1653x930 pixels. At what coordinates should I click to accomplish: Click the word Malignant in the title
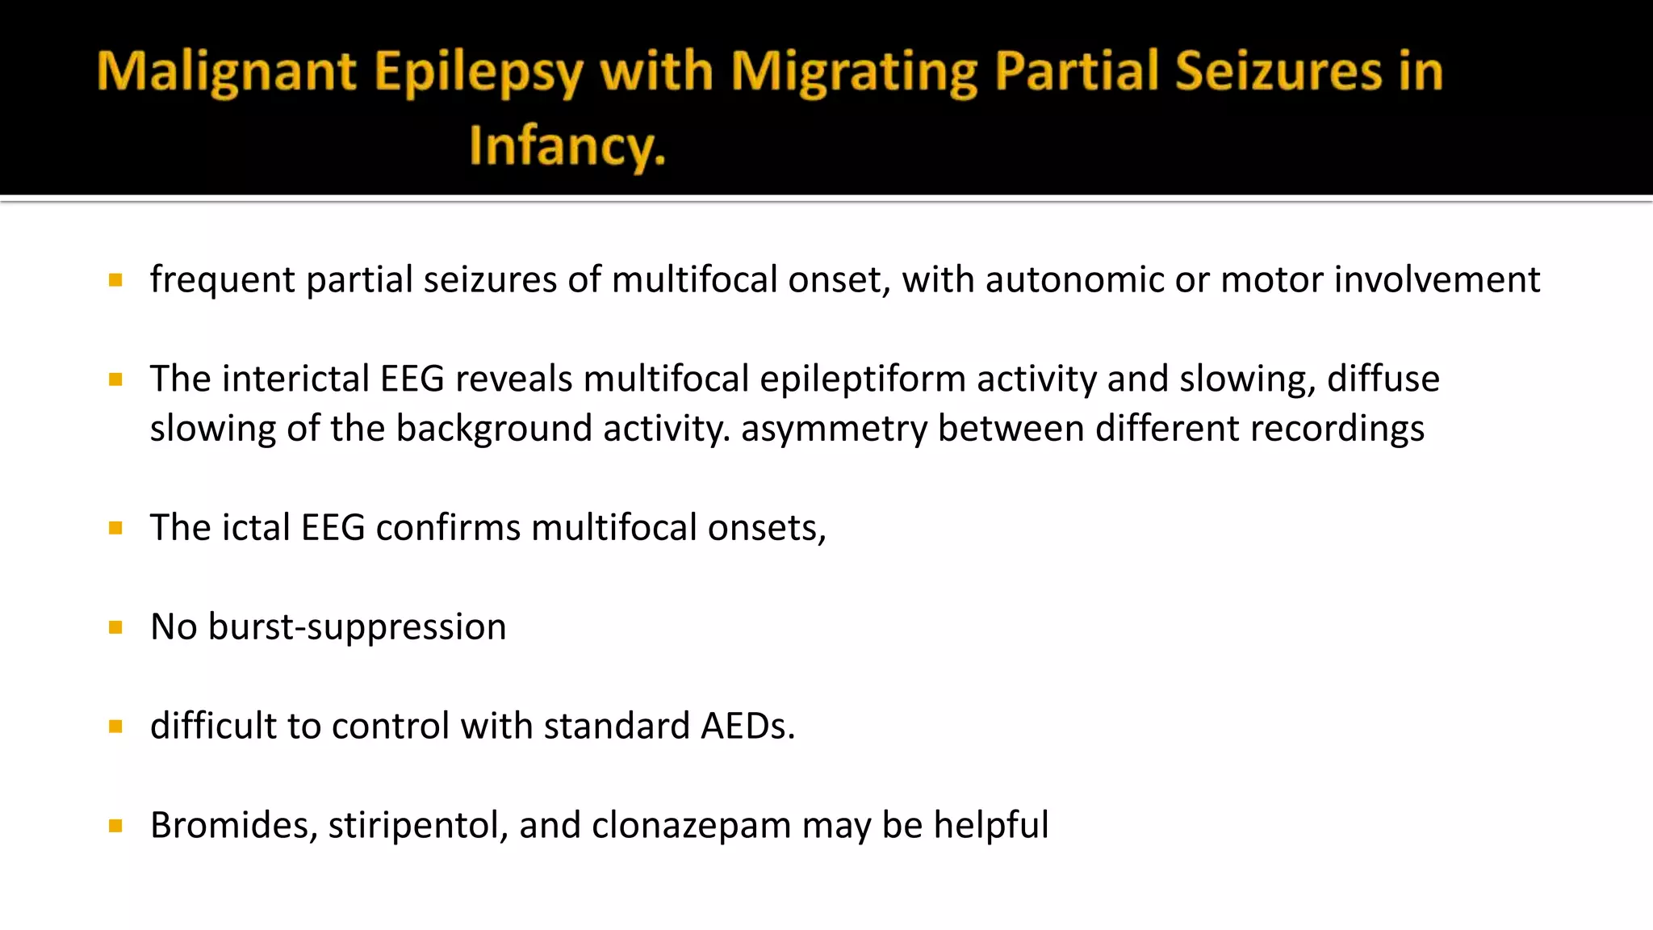[227, 73]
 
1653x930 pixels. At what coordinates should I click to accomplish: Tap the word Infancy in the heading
[567, 146]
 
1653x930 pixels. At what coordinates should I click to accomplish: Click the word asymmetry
[832, 429]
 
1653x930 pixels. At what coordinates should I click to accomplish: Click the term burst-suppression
[357, 627]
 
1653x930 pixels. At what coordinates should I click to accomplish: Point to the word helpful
[990, 825]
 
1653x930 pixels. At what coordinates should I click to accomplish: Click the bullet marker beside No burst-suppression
[115, 627]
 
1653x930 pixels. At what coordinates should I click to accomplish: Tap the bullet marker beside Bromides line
[115, 826]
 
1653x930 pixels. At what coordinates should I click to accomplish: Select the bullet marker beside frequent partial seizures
[115, 280]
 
